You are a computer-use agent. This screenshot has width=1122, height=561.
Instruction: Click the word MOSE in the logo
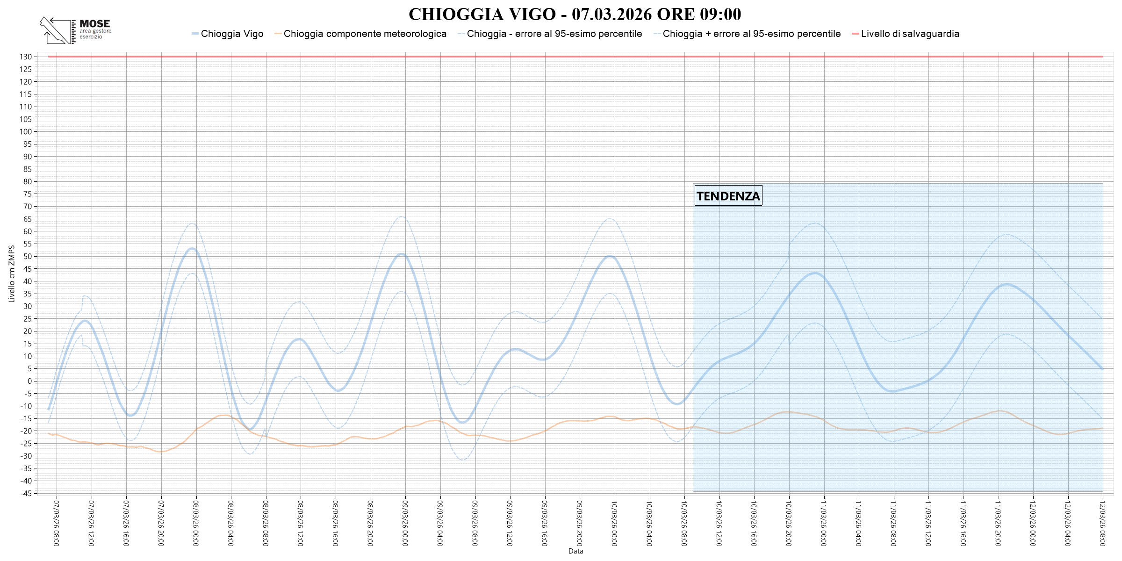point(94,23)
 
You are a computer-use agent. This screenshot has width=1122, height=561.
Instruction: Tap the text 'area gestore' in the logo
point(95,31)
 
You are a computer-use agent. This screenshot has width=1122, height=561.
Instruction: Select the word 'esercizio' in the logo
point(91,37)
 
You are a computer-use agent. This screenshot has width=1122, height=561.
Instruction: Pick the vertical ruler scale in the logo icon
point(73,32)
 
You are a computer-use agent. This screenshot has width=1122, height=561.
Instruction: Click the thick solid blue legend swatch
point(195,34)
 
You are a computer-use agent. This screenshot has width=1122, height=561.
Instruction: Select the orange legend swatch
point(278,34)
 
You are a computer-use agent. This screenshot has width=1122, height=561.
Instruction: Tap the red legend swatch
point(855,34)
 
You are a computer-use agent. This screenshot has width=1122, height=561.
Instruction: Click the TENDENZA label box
point(728,196)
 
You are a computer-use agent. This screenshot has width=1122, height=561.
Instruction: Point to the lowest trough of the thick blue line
point(251,429)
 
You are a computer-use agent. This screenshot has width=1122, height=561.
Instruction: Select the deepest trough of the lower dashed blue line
point(462,460)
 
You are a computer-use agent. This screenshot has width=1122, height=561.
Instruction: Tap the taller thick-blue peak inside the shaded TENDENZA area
point(815,273)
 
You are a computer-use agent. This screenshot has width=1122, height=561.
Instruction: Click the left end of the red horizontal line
point(49,57)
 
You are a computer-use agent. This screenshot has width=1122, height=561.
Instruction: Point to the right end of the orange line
point(1102,428)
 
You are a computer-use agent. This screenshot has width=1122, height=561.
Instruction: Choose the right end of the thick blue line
point(1102,369)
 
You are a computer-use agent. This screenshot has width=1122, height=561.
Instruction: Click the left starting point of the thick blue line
point(48,410)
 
